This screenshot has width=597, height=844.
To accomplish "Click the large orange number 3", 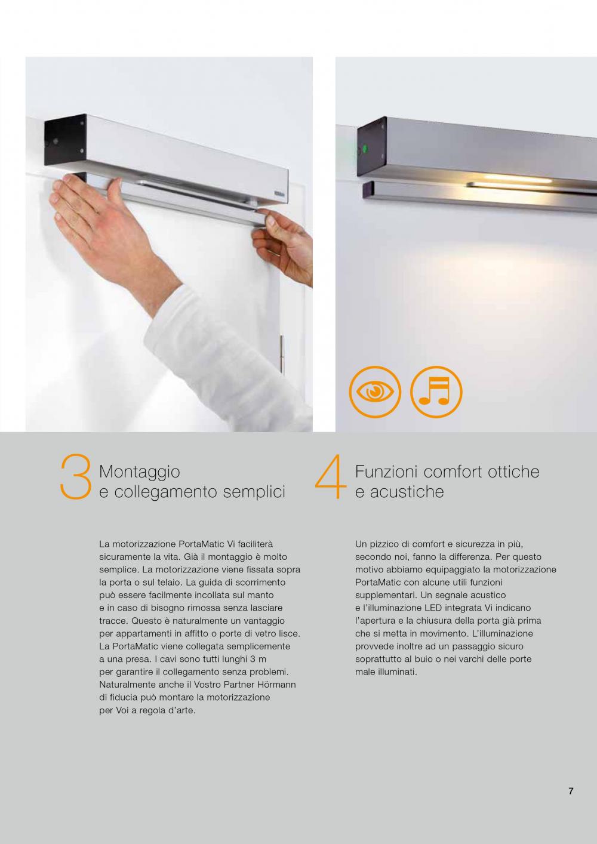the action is tap(75, 477).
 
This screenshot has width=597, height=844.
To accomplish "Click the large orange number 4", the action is tap(331, 477).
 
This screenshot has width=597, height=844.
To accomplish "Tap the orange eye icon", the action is tap(375, 392).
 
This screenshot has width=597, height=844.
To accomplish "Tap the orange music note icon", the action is tap(436, 392).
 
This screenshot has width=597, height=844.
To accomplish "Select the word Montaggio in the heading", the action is tap(140, 473).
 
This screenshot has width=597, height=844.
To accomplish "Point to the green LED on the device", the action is tap(364, 148).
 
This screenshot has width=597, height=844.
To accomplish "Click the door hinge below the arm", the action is tap(282, 353).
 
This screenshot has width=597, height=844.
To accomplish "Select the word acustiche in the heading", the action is tap(407, 492).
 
